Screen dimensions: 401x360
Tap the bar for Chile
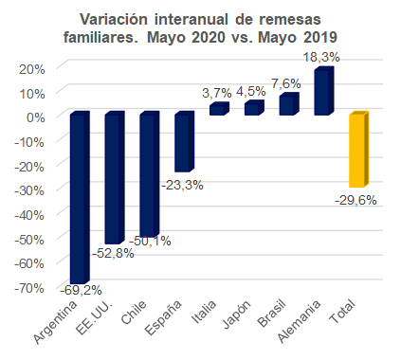pyautogui.click(x=149, y=174)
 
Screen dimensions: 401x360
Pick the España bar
pyautogui.click(x=184, y=141)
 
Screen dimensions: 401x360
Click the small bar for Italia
pyautogui.click(x=219, y=109)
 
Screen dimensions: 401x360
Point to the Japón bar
pyautogui.click(x=254, y=108)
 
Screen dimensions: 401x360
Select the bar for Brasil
pyautogui.click(x=289, y=104)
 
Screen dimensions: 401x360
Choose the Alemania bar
pyautogui.click(x=323, y=91)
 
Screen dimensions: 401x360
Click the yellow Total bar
pyautogui.click(x=358, y=149)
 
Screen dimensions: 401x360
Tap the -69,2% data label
pyautogui.click(x=81, y=290)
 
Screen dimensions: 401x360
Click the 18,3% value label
pyautogui.click(x=321, y=58)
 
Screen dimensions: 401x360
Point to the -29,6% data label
pyautogui.click(x=355, y=200)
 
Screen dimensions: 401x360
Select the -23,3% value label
pyautogui.click(x=182, y=185)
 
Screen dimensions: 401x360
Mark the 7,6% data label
pyautogui.click(x=286, y=83)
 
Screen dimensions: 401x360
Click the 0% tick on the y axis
pyautogui.click(x=36, y=117)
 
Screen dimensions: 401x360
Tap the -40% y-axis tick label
pyautogui.click(x=29, y=215)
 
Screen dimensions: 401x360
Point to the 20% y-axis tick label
pyautogui.click(x=32, y=69)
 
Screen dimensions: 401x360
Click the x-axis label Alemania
pyautogui.click(x=299, y=321)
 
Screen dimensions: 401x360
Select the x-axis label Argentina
pyautogui.click(x=55, y=322)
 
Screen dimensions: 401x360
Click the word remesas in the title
pyautogui.click(x=290, y=20)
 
